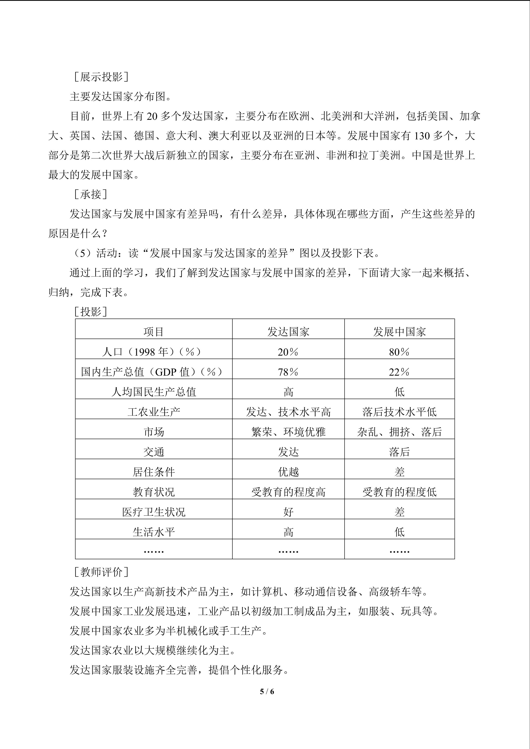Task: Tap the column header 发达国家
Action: pyautogui.click(x=288, y=332)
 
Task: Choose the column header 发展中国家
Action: pyautogui.click(x=400, y=332)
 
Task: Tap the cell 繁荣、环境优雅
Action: pyautogui.click(x=288, y=432)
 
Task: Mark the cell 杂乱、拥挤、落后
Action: pyautogui.click(x=400, y=432)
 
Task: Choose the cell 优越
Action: pyautogui.click(x=288, y=472)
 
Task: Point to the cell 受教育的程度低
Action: pyautogui.click(x=400, y=492)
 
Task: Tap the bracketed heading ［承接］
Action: pyautogui.click(x=90, y=194)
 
